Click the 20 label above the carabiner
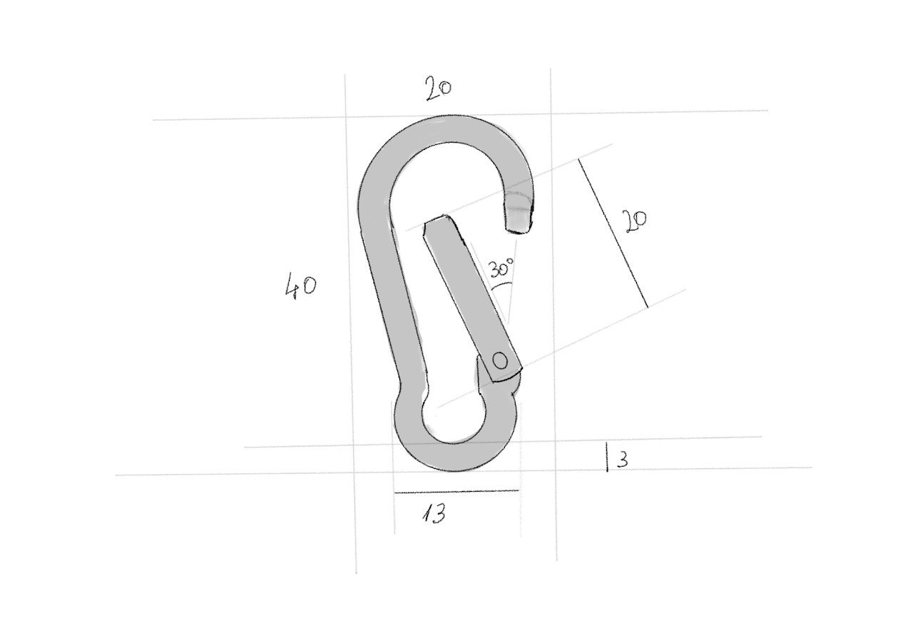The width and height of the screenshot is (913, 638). tap(439, 88)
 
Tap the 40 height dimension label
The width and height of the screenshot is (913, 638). tap(300, 286)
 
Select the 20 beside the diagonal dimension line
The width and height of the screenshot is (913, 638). tap(636, 221)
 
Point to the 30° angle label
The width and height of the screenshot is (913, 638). tap(501, 268)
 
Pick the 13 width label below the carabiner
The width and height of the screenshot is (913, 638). tap(433, 513)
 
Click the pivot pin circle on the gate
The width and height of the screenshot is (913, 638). tap(501, 360)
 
